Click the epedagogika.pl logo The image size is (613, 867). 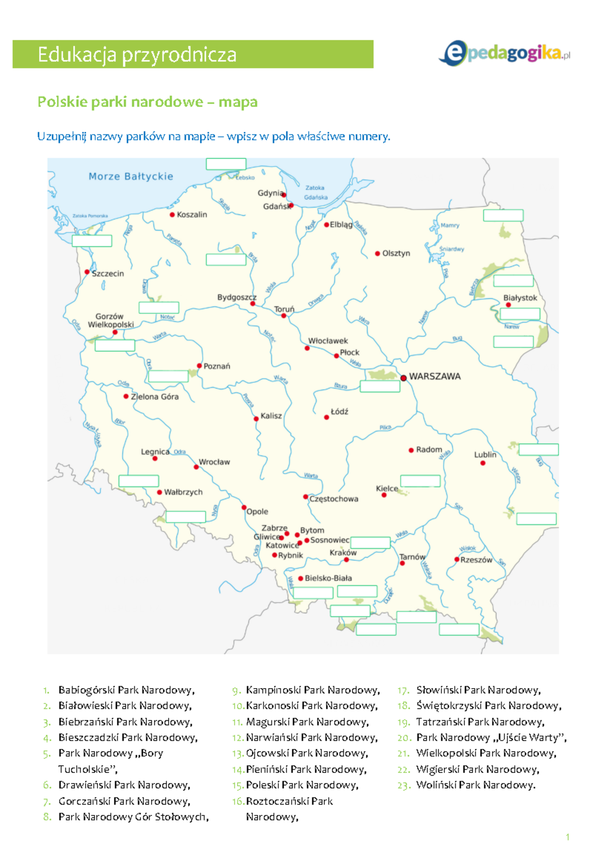[x=504, y=53]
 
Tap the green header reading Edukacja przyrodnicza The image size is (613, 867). [x=193, y=54]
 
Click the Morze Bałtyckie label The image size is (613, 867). [x=131, y=176]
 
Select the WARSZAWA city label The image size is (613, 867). [x=435, y=376]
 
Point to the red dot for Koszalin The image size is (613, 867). [x=172, y=215]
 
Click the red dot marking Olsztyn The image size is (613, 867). [x=378, y=254]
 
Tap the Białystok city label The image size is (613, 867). [x=520, y=298]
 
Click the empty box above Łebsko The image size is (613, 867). [x=226, y=164]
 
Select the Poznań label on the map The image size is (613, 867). [x=217, y=366]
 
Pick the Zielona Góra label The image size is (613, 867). [x=155, y=397]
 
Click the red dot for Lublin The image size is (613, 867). [x=483, y=463]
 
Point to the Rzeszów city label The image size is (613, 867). [x=476, y=560]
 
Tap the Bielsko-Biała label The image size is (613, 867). [x=328, y=578]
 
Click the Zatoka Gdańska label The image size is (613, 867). [x=315, y=192]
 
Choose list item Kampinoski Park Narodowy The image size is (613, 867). [x=313, y=690]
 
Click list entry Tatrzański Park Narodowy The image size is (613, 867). [x=480, y=722]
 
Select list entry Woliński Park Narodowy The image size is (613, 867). [x=476, y=785]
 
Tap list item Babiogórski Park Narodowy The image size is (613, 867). [x=126, y=690]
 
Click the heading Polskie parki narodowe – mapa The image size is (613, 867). [x=147, y=102]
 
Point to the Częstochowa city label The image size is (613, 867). [x=334, y=499]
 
